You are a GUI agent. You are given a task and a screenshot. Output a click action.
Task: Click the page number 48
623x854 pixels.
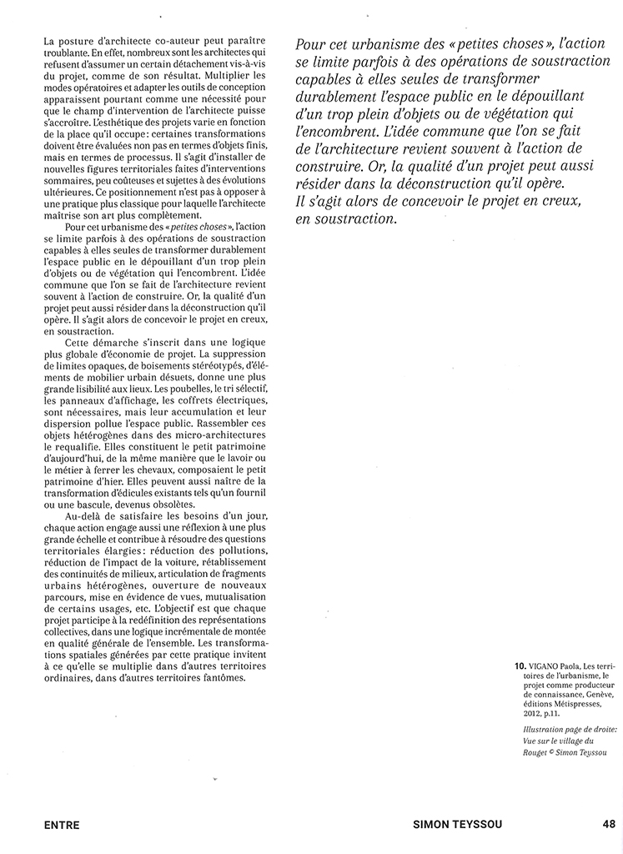608,824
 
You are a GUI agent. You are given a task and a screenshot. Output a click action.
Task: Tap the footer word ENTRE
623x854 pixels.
62,825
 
